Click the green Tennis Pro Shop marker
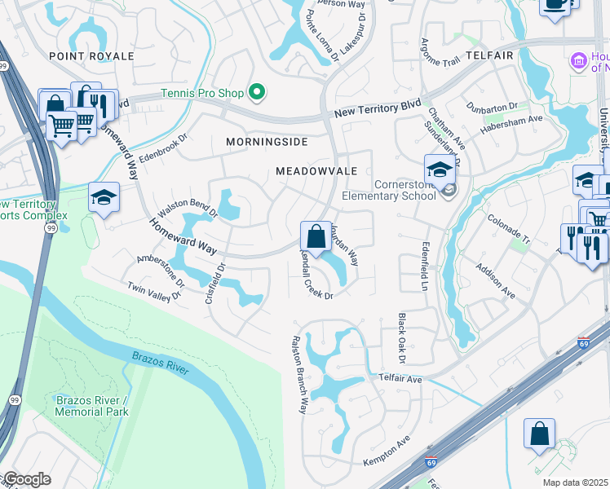(258, 93)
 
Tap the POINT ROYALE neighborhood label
(91, 55)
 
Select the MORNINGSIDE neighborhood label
(267, 142)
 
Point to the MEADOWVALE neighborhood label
(316, 171)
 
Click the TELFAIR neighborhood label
(489, 55)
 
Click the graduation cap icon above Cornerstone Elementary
(439, 170)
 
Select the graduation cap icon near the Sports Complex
(104, 198)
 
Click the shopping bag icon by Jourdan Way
(315, 238)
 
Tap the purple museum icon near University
(578, 61)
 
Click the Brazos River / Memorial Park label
(92, 406)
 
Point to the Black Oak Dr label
(401, 339)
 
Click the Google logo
(26, 479)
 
